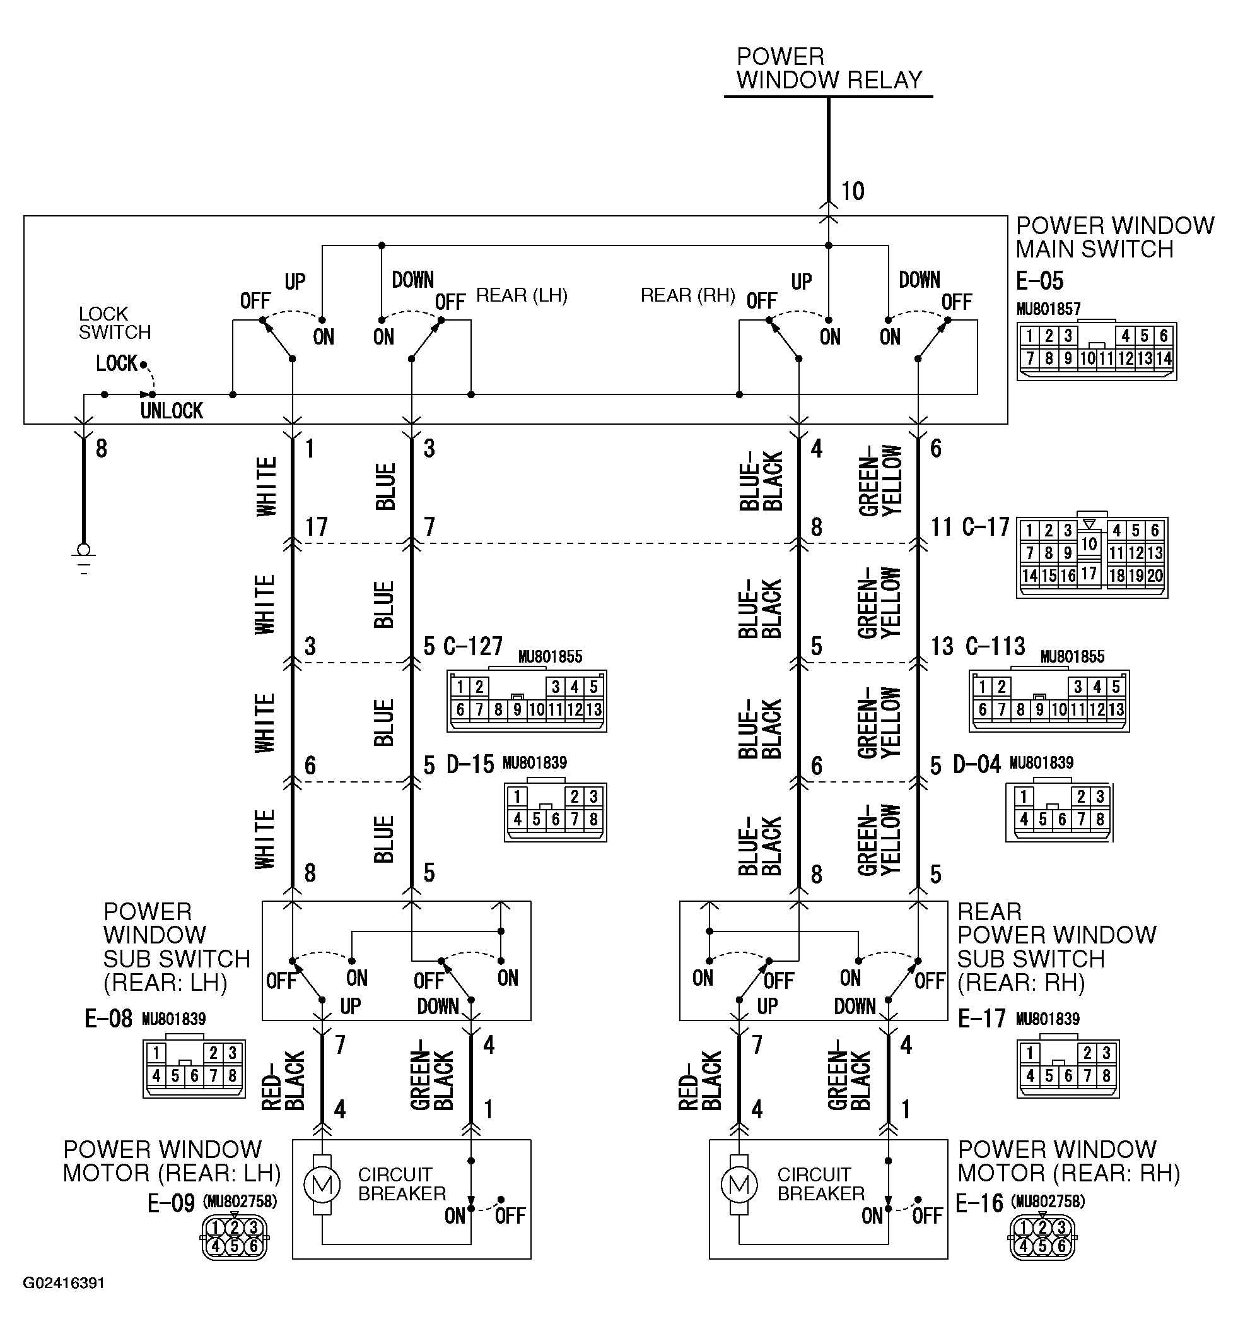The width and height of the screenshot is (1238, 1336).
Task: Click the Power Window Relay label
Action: tap(829, 68)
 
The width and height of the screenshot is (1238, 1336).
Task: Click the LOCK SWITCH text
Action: tap(115, 323)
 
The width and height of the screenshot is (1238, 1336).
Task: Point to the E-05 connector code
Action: tap(1040, 281)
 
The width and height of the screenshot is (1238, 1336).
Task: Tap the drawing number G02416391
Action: tap(64, 1283)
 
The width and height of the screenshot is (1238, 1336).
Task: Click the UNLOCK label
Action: tap(172, 411)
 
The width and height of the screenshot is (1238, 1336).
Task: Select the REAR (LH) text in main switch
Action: tap(521, 295)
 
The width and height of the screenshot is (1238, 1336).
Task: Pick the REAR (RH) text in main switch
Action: tap(687, 295)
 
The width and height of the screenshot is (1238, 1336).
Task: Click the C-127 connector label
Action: tap(473, 646)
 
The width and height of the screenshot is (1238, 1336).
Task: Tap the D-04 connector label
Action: tap(977, 764)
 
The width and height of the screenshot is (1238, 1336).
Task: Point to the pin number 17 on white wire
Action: tap(316, 527)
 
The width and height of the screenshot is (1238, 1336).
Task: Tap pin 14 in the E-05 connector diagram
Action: tap(1164, 358)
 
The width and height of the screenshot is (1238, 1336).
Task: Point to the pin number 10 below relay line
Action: tap(852, 192)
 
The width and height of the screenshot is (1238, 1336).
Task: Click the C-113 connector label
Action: tap(995, 646)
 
